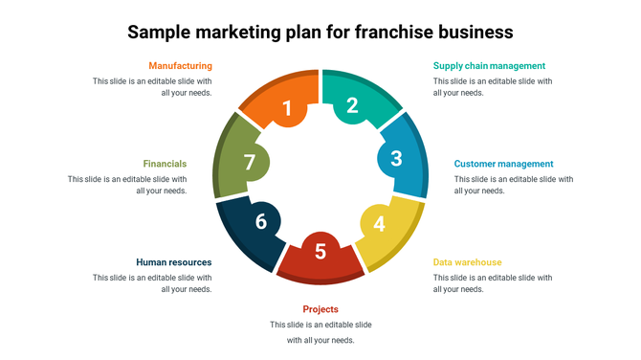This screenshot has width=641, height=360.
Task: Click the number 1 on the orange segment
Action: tap(287, 109)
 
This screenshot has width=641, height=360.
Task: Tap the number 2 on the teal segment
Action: tap(352, 105)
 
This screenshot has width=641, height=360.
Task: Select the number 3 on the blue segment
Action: tap(396, 159)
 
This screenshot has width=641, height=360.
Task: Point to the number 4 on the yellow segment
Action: tap(379, 224)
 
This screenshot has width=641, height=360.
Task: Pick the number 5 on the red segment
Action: tap(320, 252)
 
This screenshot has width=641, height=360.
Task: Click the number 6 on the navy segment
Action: tap(260, 222)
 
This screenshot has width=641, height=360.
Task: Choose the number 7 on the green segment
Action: tap(250, 163)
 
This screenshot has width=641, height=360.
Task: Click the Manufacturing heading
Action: tap(180, 66)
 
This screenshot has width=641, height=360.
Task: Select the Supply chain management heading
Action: tap(489, 66)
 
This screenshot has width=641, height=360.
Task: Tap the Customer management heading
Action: tap(503, 164)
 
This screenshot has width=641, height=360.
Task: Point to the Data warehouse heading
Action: tap(467, 262)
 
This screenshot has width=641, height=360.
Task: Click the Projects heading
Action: tap(320, 309)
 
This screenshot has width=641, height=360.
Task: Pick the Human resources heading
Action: tap(174, 262)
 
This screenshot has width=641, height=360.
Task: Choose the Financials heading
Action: tap(165, 164)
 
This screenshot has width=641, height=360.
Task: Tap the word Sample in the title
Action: tap(161, 32)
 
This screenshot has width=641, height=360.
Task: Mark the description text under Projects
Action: tap(320, 332)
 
